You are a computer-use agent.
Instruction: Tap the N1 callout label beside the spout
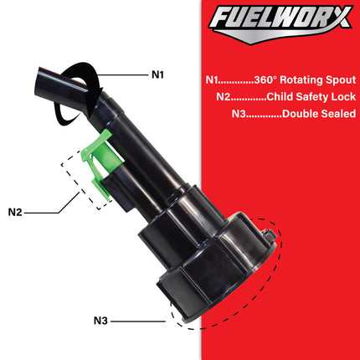(x=158, y=75)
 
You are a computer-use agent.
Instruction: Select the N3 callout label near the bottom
(x=101, y=319)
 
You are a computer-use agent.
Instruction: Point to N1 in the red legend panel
(x=213, y=81)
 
